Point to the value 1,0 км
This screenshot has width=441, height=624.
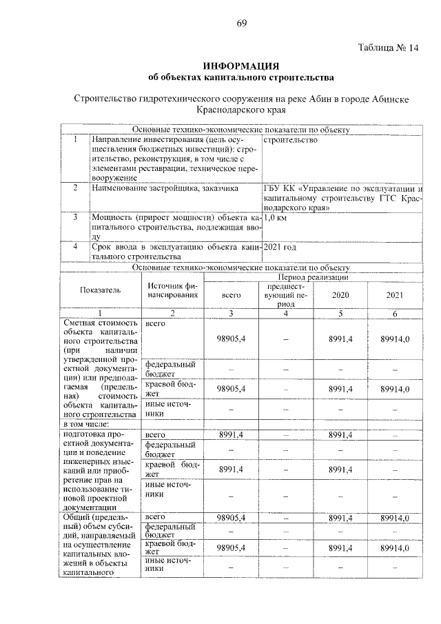[276, 217]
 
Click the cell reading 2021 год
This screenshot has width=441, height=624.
[281, 246]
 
